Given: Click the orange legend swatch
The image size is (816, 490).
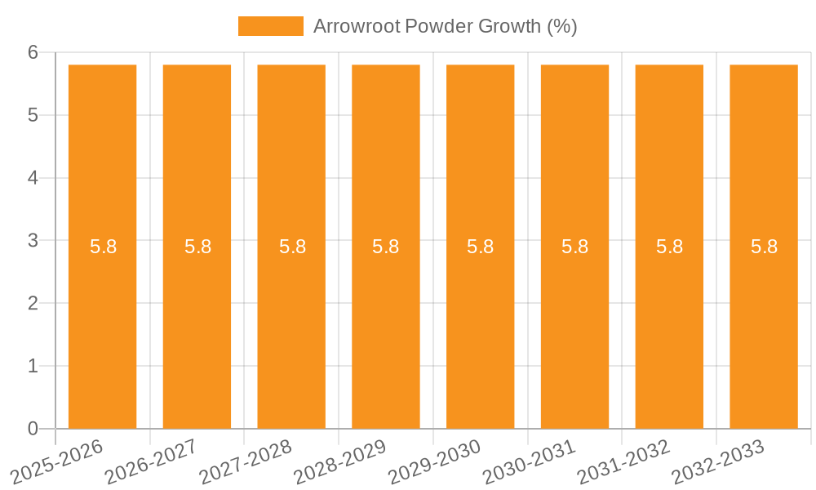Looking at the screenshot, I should point(270,26).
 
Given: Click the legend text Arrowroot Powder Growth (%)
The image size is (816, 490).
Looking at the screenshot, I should point(445,26).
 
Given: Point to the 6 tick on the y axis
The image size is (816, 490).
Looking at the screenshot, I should point(33,52).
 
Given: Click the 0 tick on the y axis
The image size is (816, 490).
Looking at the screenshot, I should point(33,429).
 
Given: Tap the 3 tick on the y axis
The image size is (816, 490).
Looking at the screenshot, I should point(33,241).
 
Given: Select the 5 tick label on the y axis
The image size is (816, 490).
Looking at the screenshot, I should point(33,115).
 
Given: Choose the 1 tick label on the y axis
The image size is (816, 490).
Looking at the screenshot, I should point(33,366).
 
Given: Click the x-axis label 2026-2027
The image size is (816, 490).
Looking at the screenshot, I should point(150,461).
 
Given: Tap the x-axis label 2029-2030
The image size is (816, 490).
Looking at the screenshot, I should point(433,461).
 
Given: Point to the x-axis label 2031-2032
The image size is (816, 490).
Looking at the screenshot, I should point(623,461).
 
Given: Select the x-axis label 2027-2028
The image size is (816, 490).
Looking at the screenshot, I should point(245,461).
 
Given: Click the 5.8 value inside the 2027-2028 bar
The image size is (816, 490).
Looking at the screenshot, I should point(292,247).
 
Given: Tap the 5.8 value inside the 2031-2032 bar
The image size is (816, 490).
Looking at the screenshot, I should point(669,247).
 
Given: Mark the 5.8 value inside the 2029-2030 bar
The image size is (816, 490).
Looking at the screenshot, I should point(480,247).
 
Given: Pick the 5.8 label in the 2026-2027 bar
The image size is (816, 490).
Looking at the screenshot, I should point(197,247).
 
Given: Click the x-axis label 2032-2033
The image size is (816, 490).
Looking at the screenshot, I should point(717,461).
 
